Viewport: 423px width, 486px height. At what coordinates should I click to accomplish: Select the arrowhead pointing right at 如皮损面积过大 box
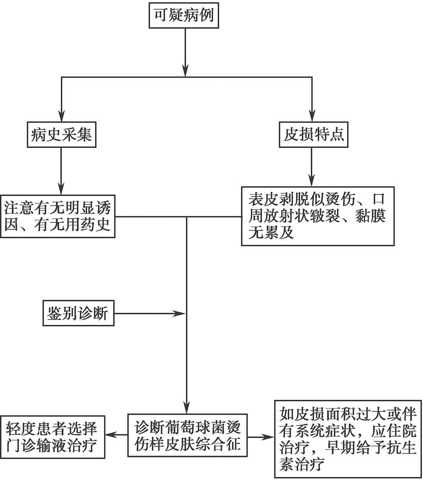(x=268, y=437)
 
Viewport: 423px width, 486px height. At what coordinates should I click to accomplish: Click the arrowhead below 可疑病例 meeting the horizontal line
(x=185, y=71)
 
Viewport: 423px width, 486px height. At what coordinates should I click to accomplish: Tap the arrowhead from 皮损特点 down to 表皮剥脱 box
(x=311, y=180)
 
